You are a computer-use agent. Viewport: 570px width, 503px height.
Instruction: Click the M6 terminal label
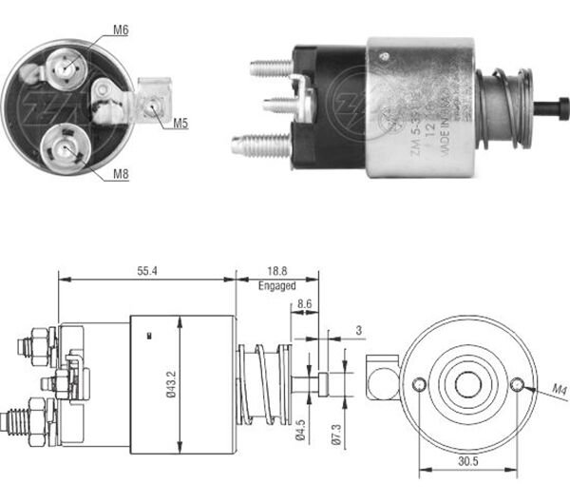[122, 29]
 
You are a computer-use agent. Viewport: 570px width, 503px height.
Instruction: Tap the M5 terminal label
[180, 123]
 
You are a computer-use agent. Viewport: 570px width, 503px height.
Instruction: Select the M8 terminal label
[122, 174]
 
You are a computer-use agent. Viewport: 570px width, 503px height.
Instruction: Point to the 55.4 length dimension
[145, 271]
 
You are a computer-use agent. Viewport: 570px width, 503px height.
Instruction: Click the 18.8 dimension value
[276, 270]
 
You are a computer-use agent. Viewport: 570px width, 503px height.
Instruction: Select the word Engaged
[276, 284]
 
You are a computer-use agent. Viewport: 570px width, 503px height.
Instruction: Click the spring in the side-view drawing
[262, 380]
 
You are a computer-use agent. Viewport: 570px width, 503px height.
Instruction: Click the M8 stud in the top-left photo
[65, 147]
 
